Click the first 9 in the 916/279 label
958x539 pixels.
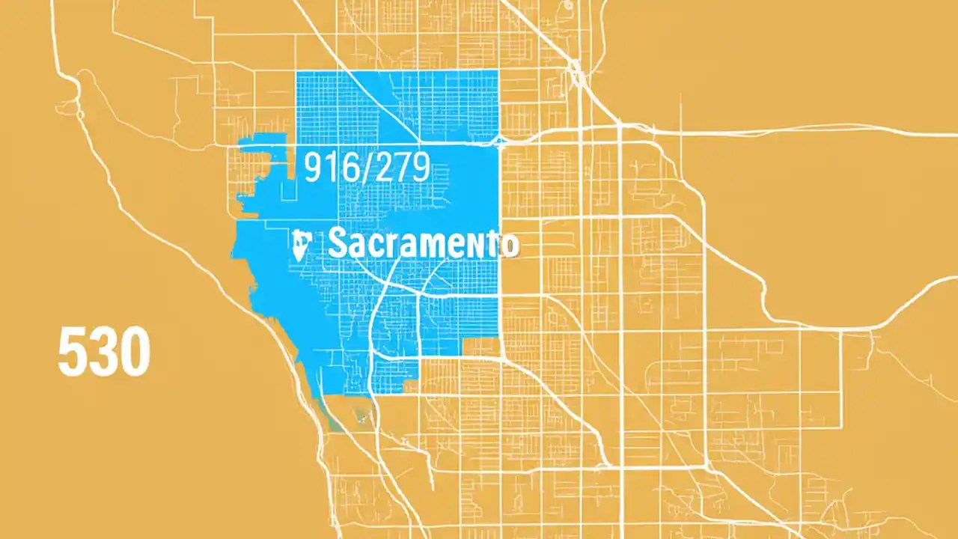[314, 167]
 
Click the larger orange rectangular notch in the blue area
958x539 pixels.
[481, 346]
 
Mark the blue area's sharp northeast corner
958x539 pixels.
[498, 71]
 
